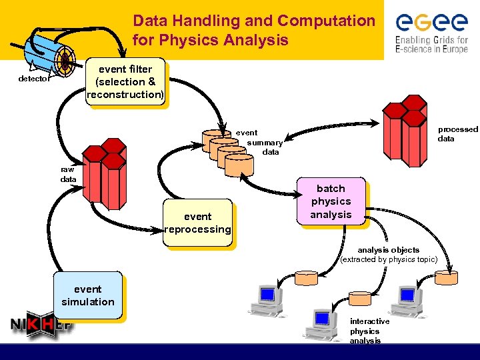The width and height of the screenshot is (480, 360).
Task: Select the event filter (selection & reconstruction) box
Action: pos(125,82)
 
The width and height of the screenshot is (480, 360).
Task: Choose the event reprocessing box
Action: pos(198,223)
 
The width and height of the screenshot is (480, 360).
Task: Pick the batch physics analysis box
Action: pos(331,201)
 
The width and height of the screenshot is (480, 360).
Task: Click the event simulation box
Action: pos(88,295)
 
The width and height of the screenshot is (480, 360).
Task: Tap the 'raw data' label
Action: pos(68,175)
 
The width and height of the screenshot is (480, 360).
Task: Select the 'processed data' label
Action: pos(457,134)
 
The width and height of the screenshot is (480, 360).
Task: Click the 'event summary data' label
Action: pos(263,142)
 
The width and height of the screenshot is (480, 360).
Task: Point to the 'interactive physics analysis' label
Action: pos(369,331)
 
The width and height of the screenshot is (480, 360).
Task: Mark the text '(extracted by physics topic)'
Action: pos(389,259)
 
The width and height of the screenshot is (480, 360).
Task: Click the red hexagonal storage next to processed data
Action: pos(405,127)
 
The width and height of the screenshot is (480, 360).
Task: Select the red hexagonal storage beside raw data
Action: pos(103,174)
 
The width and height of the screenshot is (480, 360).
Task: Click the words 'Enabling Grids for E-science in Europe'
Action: pos(431,43)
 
